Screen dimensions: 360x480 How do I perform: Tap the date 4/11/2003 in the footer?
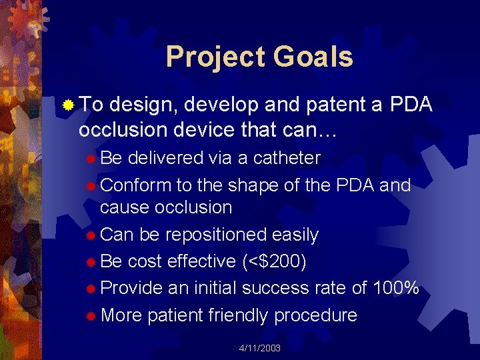(260, 349)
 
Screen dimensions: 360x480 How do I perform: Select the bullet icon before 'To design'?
(67, 105)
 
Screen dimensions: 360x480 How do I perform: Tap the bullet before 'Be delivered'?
(91, 159)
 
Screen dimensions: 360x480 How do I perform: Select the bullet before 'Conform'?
(91, 185)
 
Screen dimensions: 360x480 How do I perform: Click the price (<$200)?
(274, 261)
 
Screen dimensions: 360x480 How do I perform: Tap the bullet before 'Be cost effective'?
(91, 262)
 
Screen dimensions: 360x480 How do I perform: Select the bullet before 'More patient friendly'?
(91, 315)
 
